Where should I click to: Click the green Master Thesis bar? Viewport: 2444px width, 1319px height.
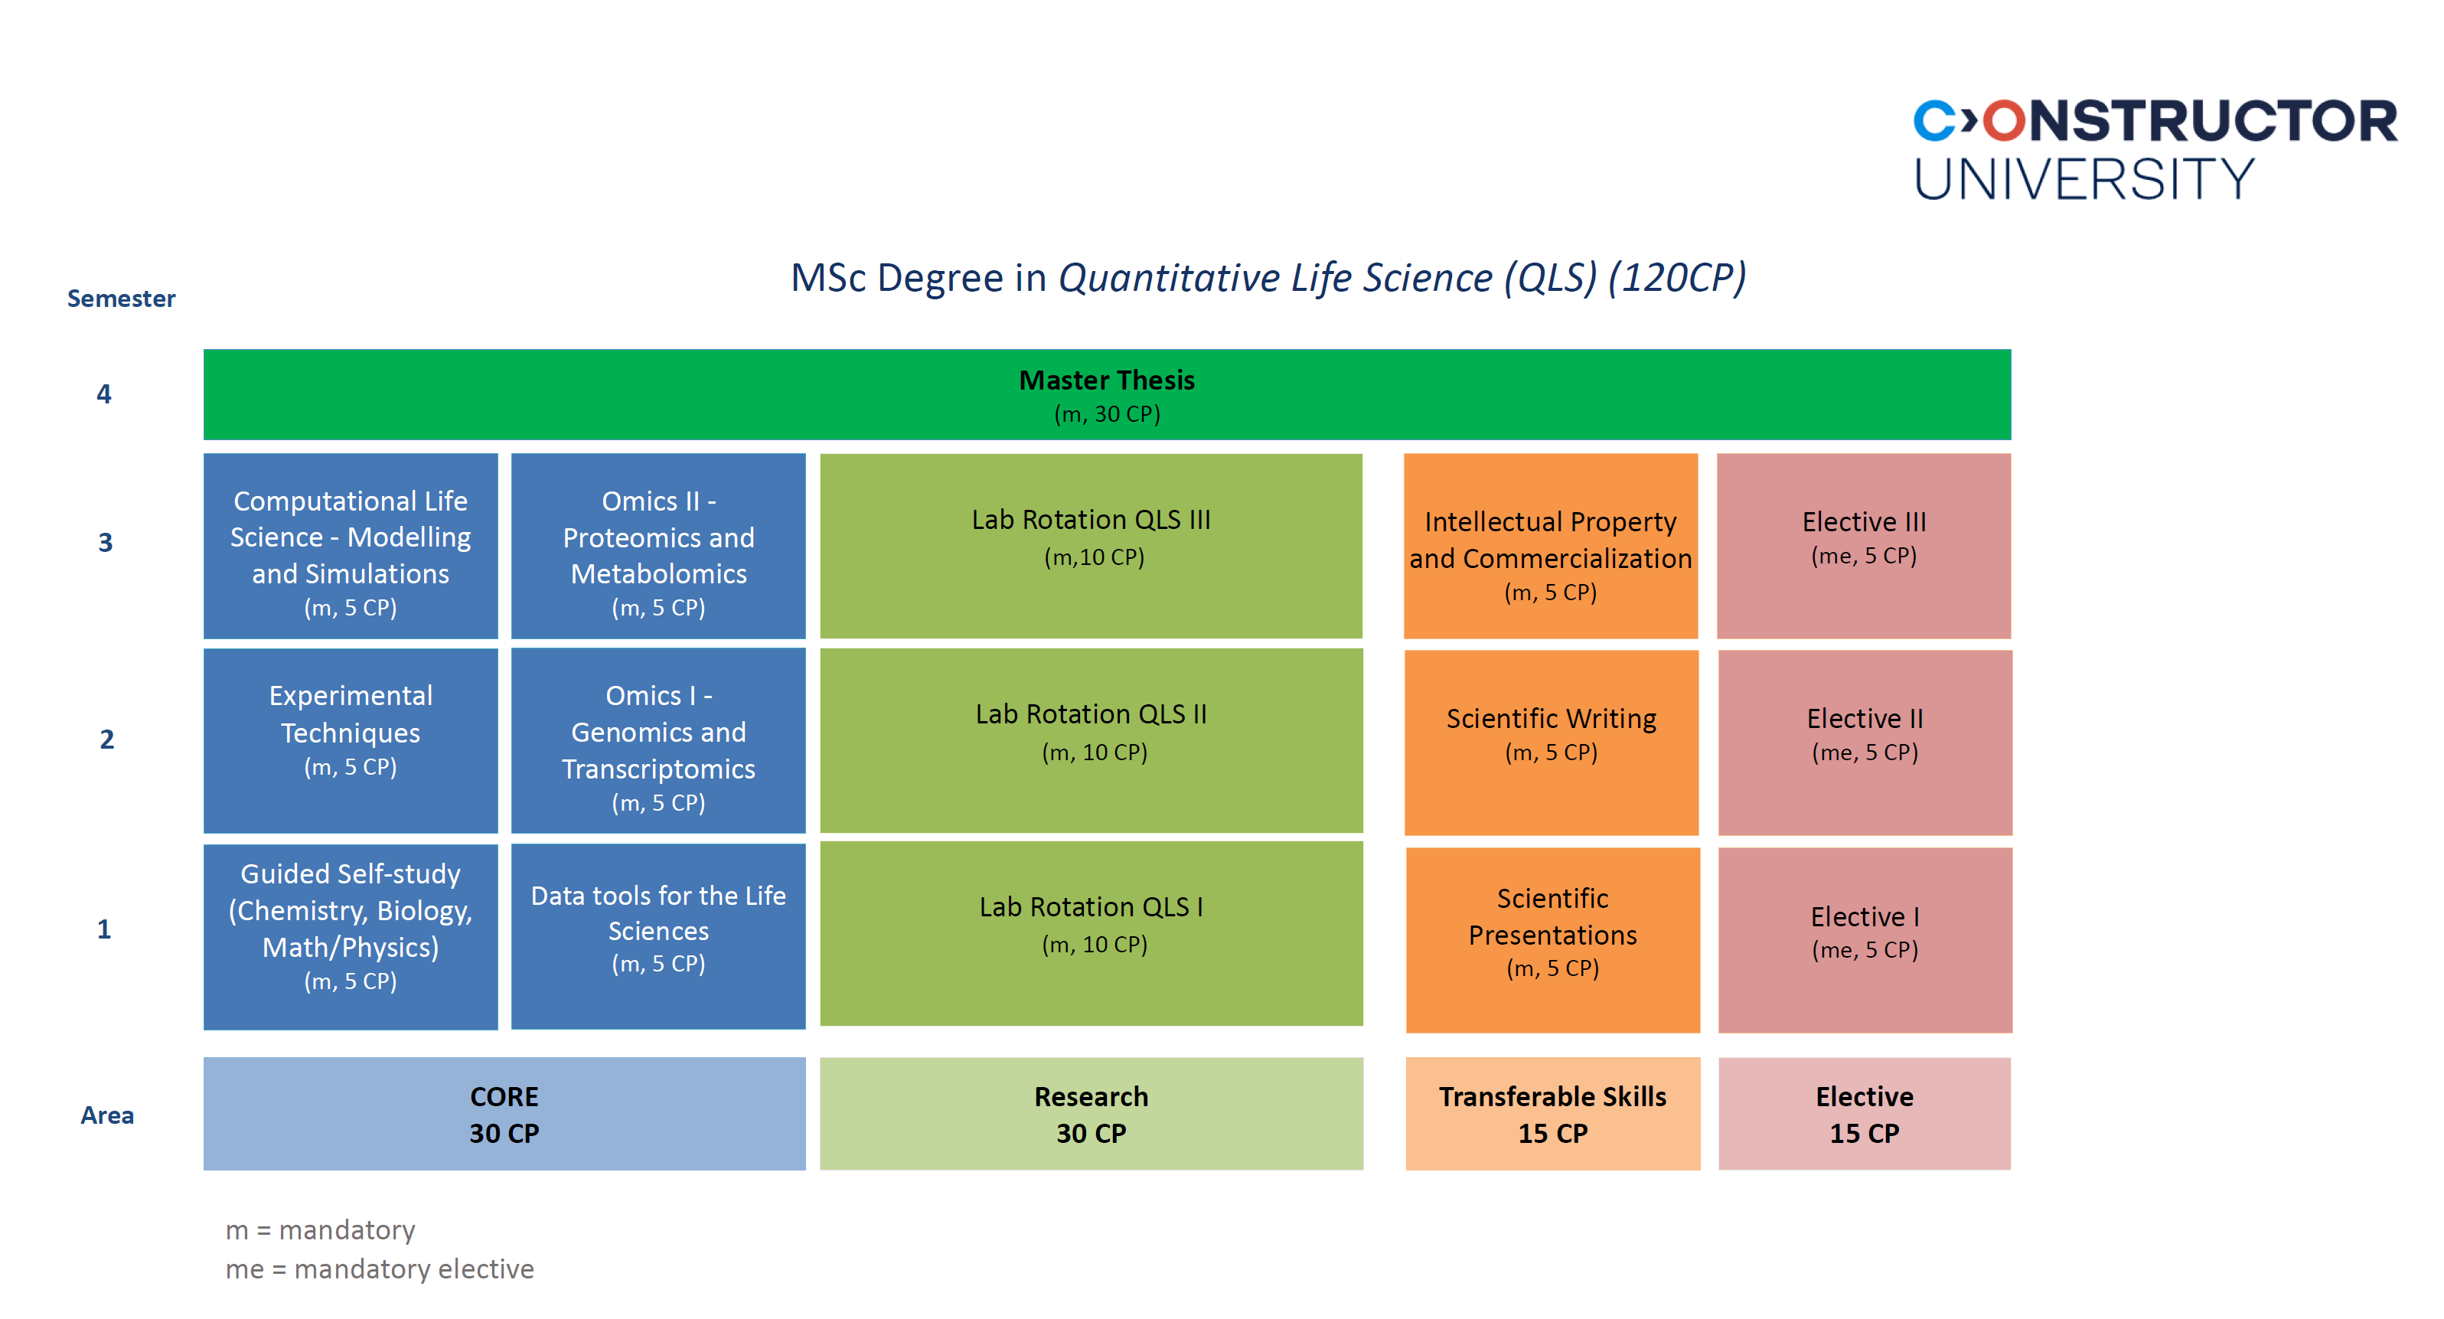pos(1106,395)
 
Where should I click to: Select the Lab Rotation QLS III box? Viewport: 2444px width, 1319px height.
pos(1091,546)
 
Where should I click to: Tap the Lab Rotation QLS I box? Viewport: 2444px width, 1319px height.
pos(1091,932)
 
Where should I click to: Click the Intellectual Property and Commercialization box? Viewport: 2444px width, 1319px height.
pos(1550,546)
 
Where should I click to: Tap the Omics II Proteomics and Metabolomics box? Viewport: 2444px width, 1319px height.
pos(657,546)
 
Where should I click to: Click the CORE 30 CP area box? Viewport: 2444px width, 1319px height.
pos(504,1113)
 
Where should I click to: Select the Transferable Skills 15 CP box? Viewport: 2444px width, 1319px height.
pos(1552,1113)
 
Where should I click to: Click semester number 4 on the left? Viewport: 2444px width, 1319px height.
pos(104,393)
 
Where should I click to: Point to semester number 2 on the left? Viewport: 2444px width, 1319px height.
pos(106,739)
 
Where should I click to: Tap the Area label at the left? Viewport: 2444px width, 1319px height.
pos(106,1115)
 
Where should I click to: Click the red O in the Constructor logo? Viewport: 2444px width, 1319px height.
pos(2004,122)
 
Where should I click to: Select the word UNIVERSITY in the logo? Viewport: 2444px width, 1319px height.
pos(2083,178)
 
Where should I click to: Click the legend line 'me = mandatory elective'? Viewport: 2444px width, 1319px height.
pos(380,1268)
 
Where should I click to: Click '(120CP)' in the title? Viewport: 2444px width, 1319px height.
pos(1676,278)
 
